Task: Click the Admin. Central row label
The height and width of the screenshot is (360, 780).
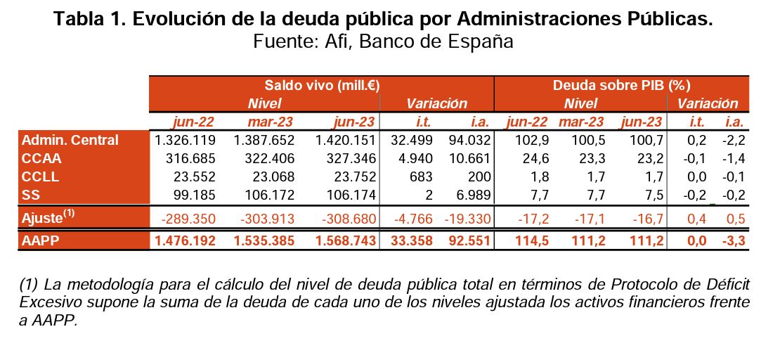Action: (x=70, y=141)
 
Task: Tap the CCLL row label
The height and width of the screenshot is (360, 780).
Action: (x=40, y=176)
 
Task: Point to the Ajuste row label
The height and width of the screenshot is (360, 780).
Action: (x=48, y=218)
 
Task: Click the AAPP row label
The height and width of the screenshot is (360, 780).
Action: (x=41, y=241)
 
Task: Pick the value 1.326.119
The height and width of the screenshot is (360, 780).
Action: (x=185, y=141)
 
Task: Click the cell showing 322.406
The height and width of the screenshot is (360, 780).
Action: (x=269, y=158)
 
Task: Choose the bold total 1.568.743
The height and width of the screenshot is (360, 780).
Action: (x=345, y=241)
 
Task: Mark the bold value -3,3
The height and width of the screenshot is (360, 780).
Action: (x=733, y=241)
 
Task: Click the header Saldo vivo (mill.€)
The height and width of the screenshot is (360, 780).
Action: (x=322, y=86)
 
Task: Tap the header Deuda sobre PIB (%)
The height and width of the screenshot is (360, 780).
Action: (x=622, y=86)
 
